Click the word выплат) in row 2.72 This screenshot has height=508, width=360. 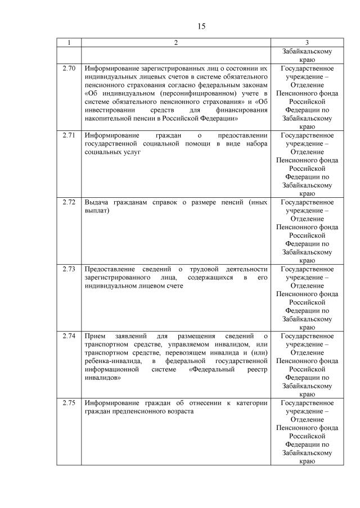97,211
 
